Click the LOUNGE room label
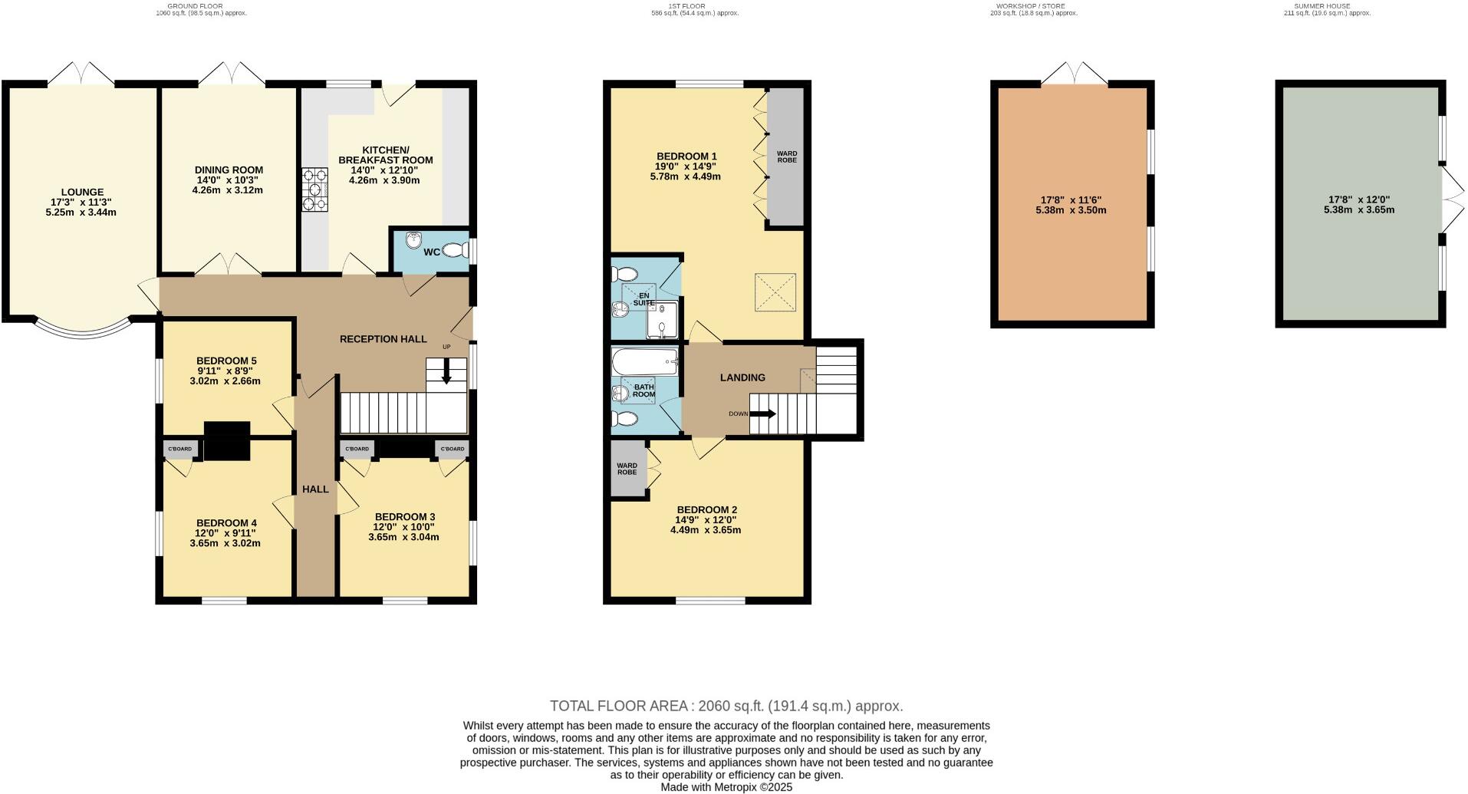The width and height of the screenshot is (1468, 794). pyautogui.click(x=81, y=193)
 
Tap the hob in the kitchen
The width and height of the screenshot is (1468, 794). pyautogui.click(x=314, y=189)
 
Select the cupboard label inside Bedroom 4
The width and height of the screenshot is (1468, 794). pyautogui.click(x=179, y=449)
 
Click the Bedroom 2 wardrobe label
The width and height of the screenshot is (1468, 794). pyautogui.click(x=627, y=468)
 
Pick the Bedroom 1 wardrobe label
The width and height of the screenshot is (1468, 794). pyautogui.click(x=787, y=156)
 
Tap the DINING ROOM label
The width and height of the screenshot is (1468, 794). pyautogui.click(x=229, y=170)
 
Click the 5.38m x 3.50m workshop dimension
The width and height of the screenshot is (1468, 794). pyautogui.click(x=1071, y=210)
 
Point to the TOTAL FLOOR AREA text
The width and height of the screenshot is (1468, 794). pyautogui.click(x=726, y=706)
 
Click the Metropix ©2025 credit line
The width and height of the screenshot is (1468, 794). pyautogui.click(x=726, y=787)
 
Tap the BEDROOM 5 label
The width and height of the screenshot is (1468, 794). pyautogui.click(x=226, y=361)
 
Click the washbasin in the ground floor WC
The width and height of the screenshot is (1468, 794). pyautogui.click(x=415, y=239)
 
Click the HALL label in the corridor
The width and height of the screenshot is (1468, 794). pyautogui.click(x=315, y=489)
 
